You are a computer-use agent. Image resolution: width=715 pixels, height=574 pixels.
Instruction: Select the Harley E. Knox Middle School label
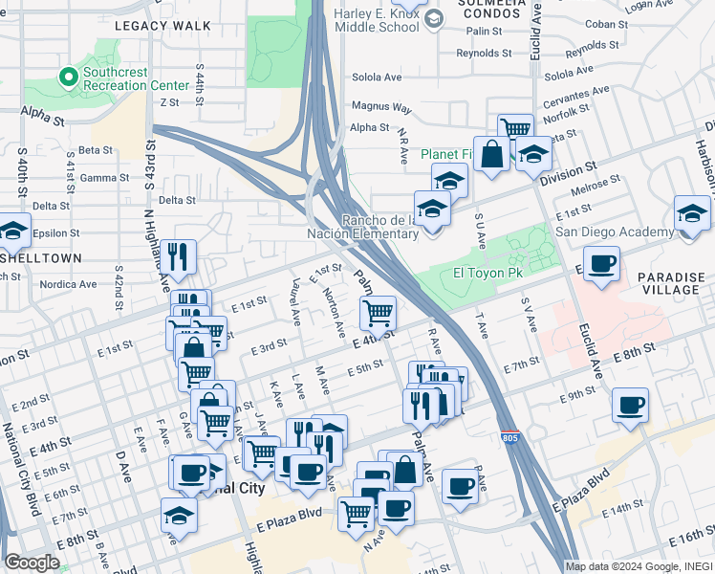coord(377,19)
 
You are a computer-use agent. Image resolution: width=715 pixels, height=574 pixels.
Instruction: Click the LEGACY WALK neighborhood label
coord(162,26)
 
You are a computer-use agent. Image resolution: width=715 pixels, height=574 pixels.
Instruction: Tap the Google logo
coord(32,563)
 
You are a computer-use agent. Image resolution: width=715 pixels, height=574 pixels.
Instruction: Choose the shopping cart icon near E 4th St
coord(379,312)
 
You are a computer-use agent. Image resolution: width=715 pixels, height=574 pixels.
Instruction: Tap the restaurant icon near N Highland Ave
coord(178,255)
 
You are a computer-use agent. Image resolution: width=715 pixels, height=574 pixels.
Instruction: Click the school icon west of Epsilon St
coord(13,232)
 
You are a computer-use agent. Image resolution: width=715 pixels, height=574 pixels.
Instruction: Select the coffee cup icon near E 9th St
coord(630,405)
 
